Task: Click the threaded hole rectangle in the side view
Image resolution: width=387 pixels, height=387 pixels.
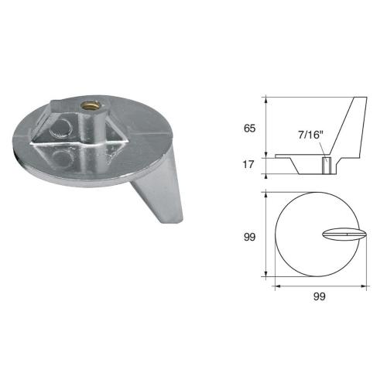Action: pos(326,165)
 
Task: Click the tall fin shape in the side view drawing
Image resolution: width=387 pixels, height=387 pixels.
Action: pos(352,128)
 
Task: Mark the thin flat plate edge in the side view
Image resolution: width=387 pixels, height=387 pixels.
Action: pos(290,157)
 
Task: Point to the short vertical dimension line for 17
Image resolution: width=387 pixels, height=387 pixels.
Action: pos(266,165)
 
